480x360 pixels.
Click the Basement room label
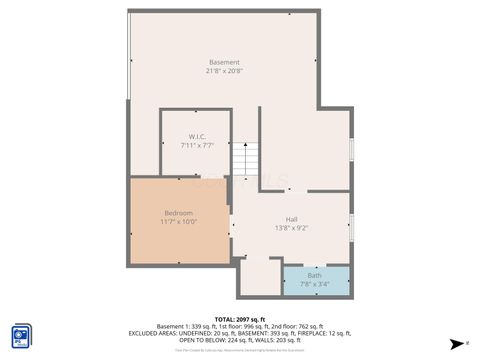[224, 63]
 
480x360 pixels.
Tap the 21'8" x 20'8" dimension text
[224, 72]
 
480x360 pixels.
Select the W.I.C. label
[197, 137]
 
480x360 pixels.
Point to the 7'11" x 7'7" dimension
[197, 146]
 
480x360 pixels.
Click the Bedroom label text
[179, 213]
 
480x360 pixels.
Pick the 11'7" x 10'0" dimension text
[180, 222]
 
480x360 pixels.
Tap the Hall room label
[291, 219]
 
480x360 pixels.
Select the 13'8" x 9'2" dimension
[291, 228]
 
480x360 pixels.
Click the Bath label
[315, 275]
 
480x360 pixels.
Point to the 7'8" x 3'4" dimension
[315, 284]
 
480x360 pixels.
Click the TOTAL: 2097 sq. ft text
[240, 317]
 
